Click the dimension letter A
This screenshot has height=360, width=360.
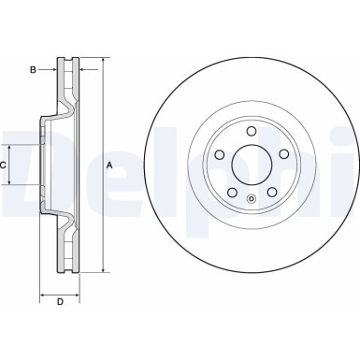109,166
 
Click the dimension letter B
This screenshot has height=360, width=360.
33,69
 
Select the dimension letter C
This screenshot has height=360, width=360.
4,166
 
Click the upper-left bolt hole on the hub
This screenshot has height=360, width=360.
216,156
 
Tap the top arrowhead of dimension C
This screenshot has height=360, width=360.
11,147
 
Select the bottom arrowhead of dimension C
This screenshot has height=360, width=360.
11,184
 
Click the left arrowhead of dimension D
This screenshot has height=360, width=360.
43,293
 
